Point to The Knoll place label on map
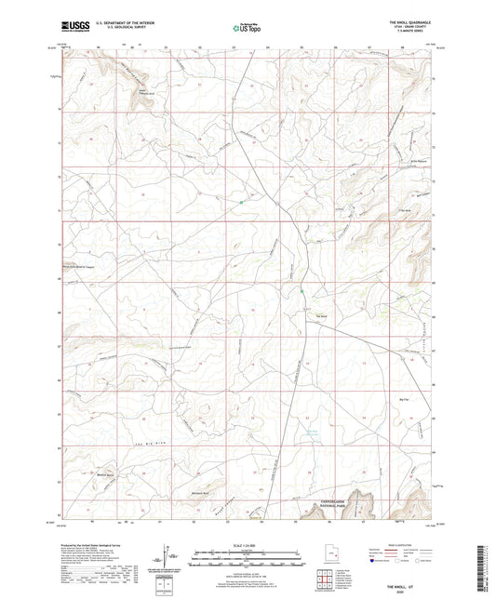point(323,315)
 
